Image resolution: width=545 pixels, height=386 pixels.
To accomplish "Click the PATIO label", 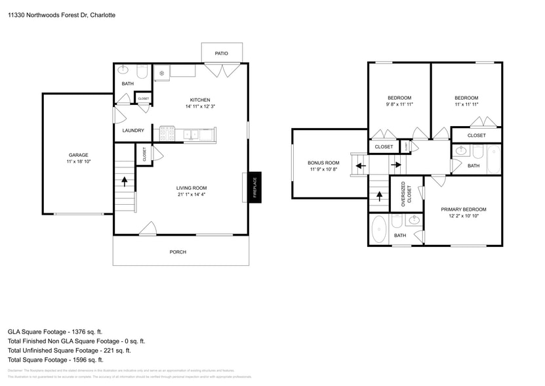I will pos(222,53).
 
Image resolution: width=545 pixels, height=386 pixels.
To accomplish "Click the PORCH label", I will pos(178,251).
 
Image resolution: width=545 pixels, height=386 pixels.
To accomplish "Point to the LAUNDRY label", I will pos(133,131).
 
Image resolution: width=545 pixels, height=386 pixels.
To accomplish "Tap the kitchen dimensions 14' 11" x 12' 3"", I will pos(200,106).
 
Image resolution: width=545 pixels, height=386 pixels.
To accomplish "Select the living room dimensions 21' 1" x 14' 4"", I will pos(191,194).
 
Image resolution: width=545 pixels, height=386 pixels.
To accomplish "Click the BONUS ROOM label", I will pos(323,163).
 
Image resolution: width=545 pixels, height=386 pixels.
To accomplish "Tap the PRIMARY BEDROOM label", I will pos(467,209).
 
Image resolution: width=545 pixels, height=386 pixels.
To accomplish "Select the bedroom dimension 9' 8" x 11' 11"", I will pos(399,104).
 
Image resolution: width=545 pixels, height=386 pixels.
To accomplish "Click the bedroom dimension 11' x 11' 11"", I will pos(466,104).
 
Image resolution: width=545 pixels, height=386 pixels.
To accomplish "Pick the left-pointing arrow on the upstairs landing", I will pos(360,165).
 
